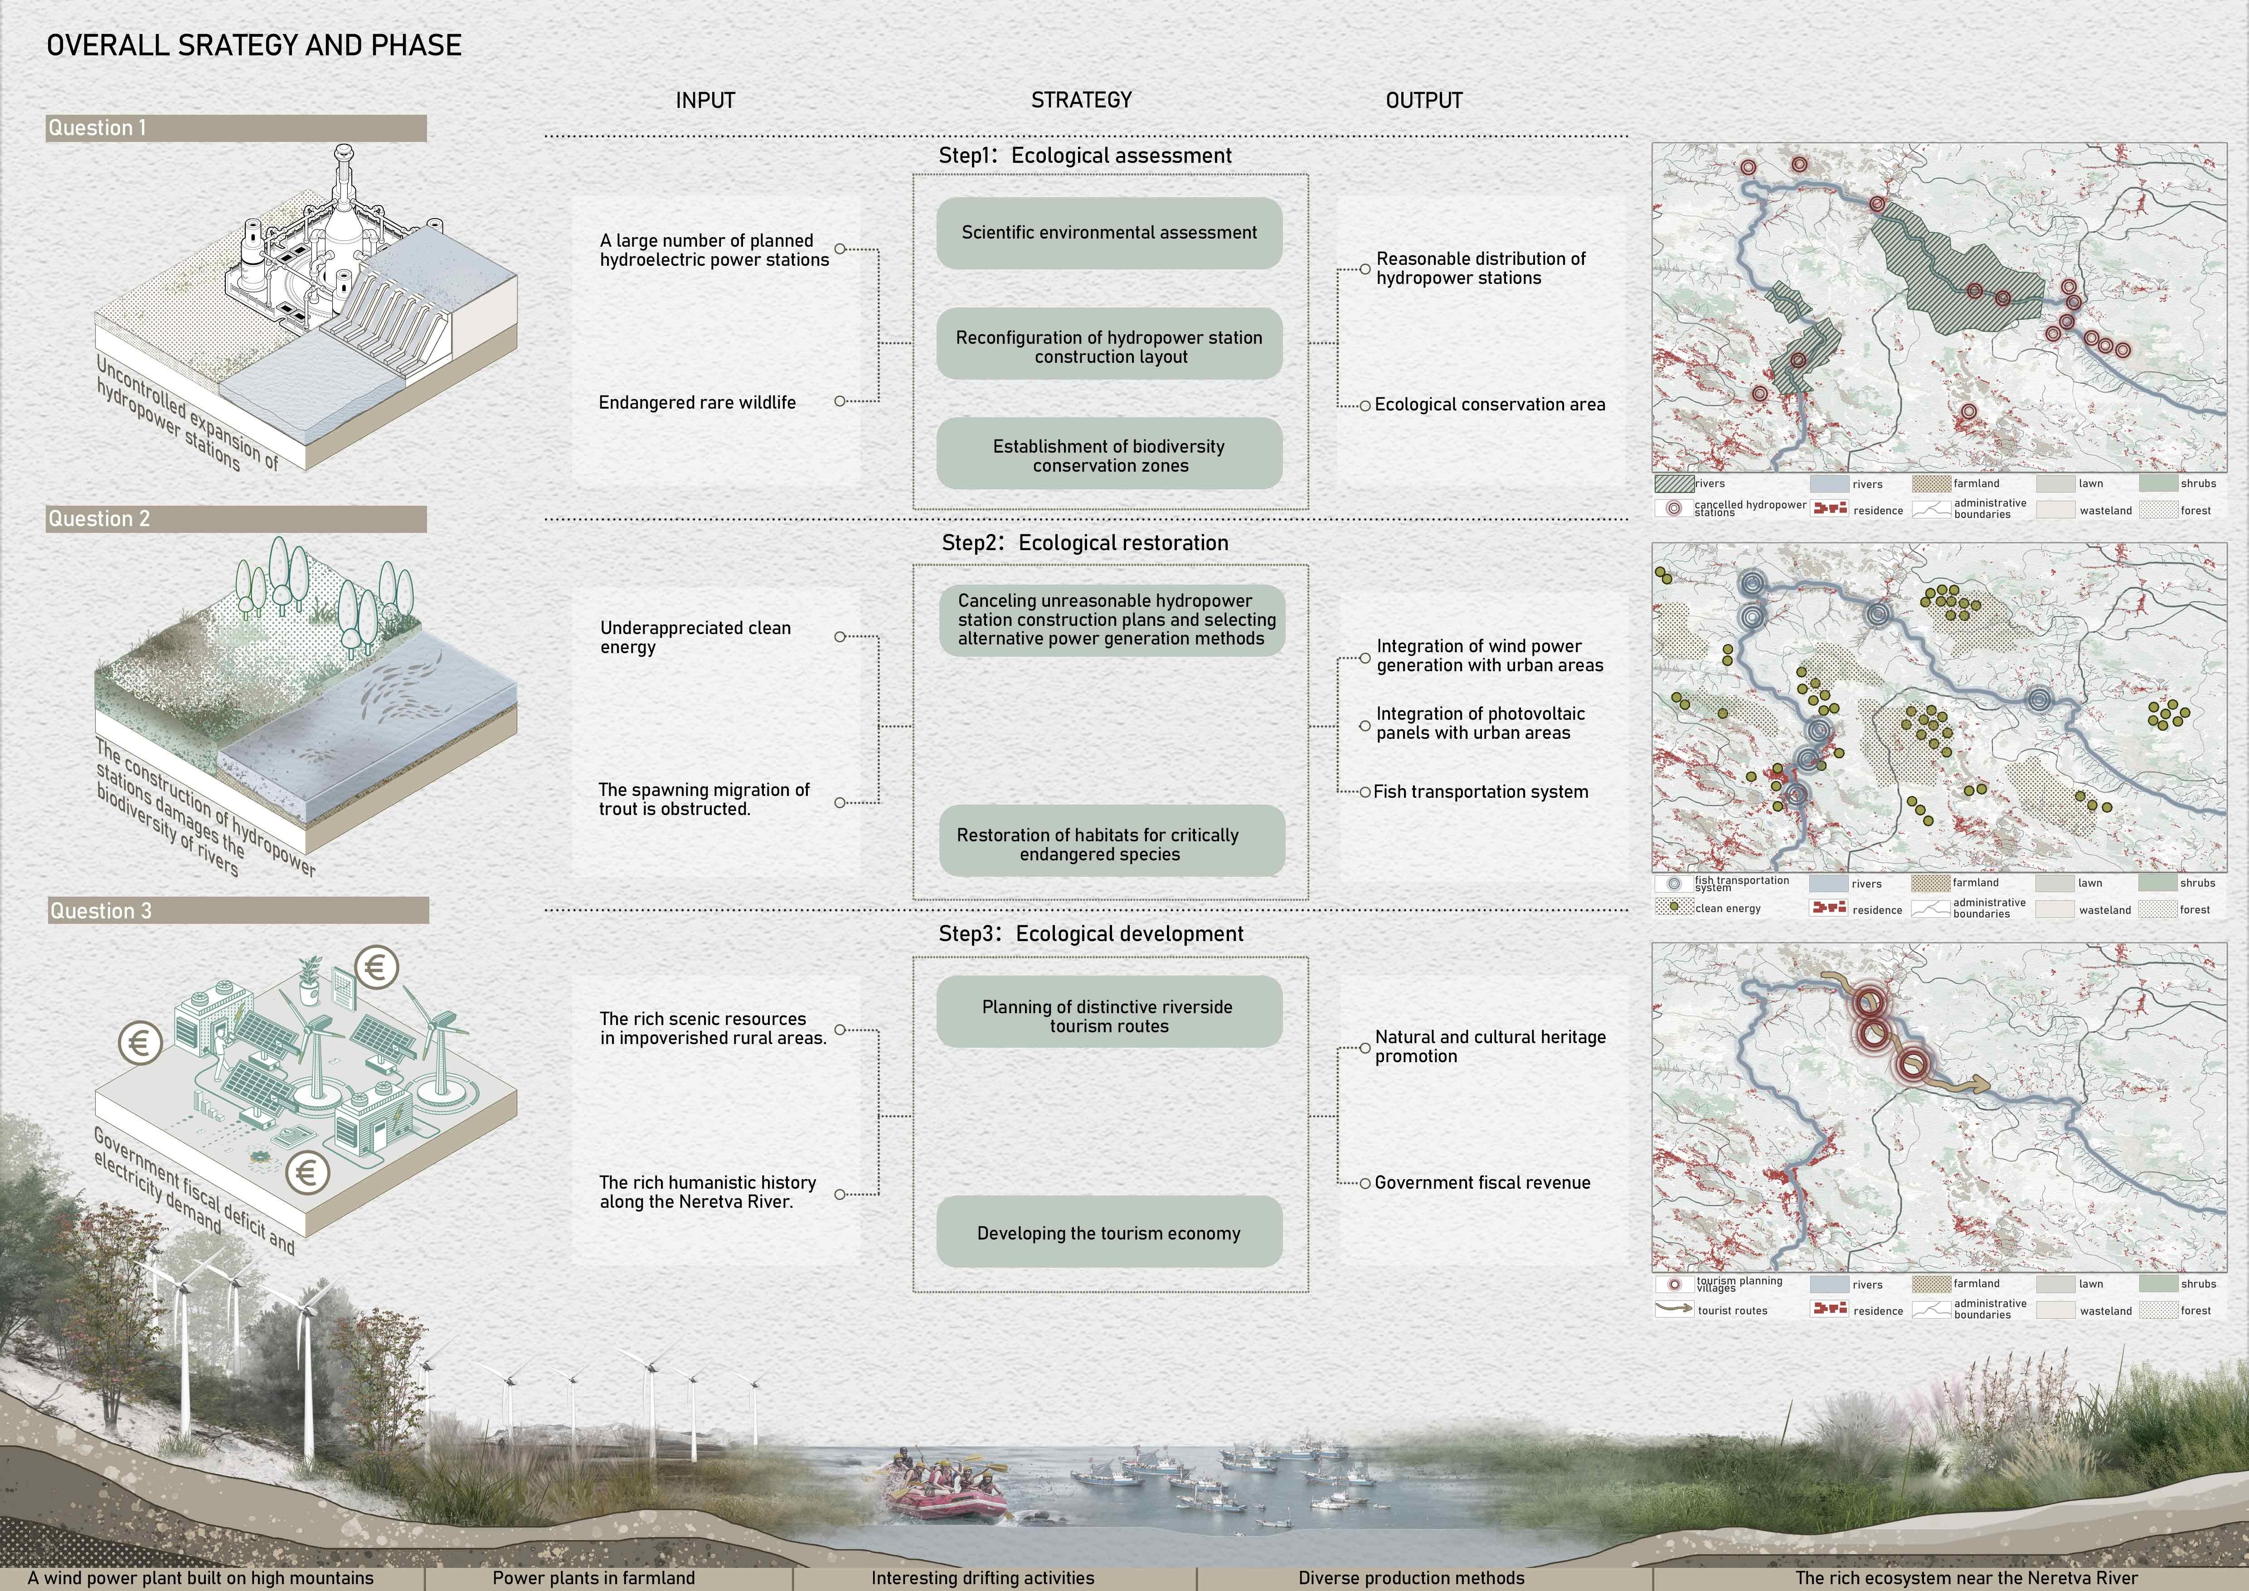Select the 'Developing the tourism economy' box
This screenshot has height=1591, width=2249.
click(x=1109, y=1232)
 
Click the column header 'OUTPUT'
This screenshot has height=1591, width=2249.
click(x=1423, y=100)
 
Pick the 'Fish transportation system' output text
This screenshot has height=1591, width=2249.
click(x=1480, y=791)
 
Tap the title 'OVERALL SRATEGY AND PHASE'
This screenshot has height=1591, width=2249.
click(x=254, y=45)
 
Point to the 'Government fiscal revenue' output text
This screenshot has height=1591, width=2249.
click(x=1482, y=1182)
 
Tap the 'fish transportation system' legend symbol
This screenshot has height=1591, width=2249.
click(x=1674, y=883)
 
